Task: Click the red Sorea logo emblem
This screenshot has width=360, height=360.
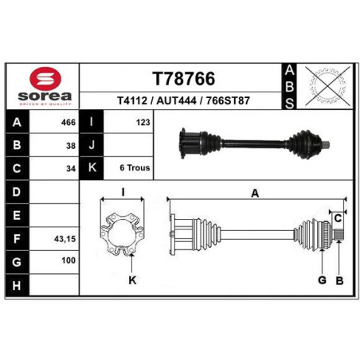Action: click(45, 79)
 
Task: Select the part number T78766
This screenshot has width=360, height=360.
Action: click(183, 79)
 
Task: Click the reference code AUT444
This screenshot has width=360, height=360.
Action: click(176, 101)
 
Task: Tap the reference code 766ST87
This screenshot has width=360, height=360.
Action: click(228, 101)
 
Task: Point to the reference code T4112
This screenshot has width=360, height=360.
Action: click(132, 101)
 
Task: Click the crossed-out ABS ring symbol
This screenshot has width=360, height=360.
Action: click(327, 86)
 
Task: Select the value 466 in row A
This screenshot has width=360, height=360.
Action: click(68, 123)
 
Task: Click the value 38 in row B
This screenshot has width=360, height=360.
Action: click(71, 146)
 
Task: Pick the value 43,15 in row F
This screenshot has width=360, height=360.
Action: click(65, 239)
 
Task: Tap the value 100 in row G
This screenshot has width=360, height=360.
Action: click(68, 260)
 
